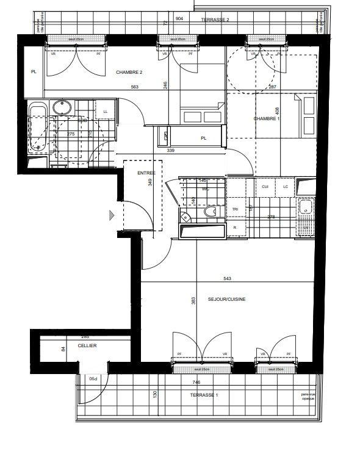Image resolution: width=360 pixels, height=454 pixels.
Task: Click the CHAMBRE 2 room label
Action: tap(130, 72)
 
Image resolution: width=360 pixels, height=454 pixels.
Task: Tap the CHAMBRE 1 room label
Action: tap(268, 118)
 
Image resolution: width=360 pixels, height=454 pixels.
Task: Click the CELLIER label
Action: tap(87, 345)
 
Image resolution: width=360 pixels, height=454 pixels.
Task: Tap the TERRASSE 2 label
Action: tap(215, 20)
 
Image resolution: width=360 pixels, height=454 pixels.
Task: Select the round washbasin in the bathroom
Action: tap(62, 108)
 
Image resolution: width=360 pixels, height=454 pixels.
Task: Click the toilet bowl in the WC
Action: tap(211, 212)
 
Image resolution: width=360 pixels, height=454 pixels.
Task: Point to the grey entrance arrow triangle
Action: tap(111, 215)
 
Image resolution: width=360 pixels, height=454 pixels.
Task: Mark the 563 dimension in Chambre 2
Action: tap(134, 87)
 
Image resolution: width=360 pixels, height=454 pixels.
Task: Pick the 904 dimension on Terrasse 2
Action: tap(179, 19)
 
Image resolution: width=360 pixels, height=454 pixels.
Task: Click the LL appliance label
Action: tap(106, 111)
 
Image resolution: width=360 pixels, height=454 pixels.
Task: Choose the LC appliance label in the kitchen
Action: tap(285, 186)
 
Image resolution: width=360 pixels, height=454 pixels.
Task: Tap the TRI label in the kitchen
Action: tap(235, 209)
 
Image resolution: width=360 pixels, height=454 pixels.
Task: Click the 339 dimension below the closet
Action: tap(171, 150)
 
